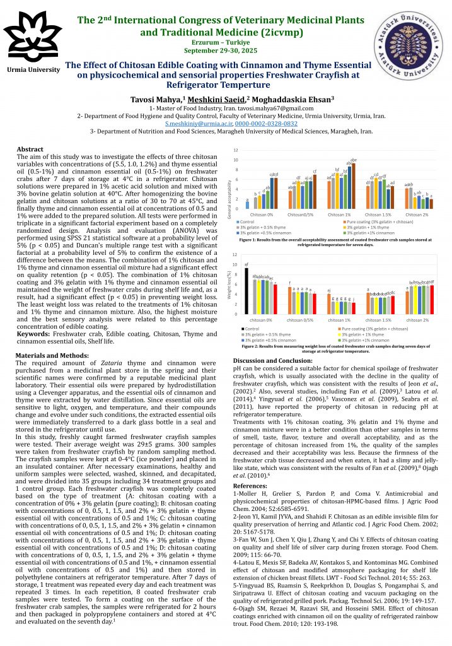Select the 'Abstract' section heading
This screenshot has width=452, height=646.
click(x=30, y=149)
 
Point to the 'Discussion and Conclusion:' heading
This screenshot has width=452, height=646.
click(x=274, y=360)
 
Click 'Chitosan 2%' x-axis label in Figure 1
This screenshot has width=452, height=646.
click(x=417, y=215)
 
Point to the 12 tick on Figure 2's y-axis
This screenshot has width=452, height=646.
click(x=235, y=254)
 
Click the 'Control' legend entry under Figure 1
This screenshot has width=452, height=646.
click(x=247, y=222)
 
